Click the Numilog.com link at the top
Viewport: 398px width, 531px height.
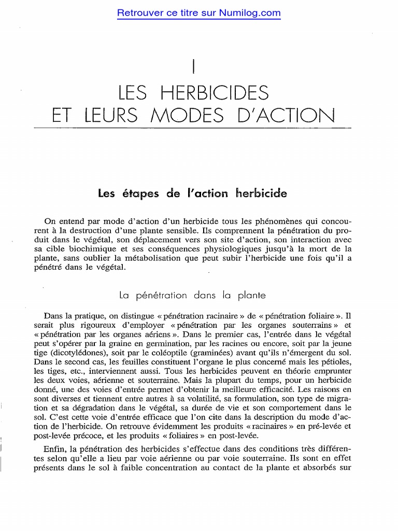click(x=199, y=13)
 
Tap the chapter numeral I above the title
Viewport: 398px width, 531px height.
click(x=193, y=67)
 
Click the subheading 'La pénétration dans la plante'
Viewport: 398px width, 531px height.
click(x=192, y=295)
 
